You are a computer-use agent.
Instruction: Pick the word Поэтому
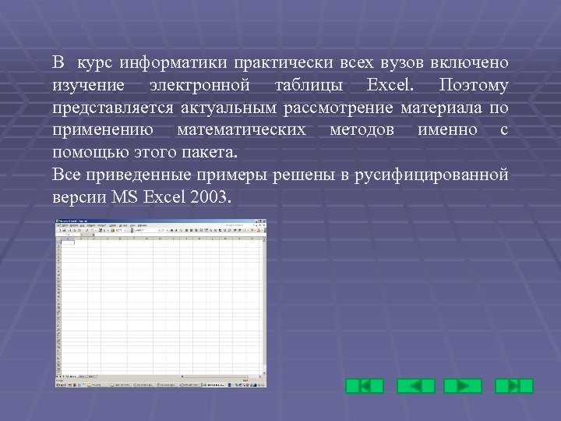coord(473,84)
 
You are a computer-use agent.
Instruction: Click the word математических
coord(242,129)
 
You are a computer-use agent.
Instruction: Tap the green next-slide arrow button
coord(463,385)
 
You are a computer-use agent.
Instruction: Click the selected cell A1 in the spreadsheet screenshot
coord(68,242)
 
